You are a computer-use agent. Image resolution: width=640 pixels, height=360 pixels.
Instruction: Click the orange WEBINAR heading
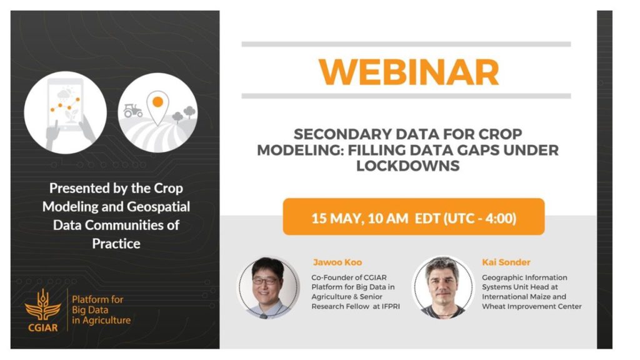click(x=409, y=72)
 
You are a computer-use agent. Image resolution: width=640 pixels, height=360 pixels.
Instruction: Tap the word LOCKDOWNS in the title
click(x=407, y=166)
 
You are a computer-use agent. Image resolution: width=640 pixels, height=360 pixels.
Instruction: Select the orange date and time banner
click(x=414, y=217)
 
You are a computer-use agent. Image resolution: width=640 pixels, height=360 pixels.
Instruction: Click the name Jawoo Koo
click(x=337, y=262)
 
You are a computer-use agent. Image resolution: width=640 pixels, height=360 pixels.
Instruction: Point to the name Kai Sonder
click(x=506, y=262)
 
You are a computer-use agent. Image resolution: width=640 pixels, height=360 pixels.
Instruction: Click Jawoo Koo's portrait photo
click(x=268, y=287)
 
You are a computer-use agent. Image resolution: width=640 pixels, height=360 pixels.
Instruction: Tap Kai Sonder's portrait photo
click(x=443, y=287)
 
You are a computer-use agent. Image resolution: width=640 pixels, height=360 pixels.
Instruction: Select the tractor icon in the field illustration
click(x=132, y=110)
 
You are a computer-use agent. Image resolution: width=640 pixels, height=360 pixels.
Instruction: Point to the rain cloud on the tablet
click(x=64, y=95)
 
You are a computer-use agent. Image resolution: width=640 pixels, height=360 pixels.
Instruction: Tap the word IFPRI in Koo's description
click(x=391, y=306)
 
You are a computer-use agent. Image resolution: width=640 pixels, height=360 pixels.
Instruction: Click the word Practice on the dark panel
click(x=116, y=244)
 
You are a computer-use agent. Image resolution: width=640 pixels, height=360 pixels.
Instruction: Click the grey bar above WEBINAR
click(x=406, y=44)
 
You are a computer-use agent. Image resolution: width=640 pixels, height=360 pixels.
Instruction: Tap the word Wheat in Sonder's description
click(x=493, y=306)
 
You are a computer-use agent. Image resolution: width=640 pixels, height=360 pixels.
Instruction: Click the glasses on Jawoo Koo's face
click(x=265, y=281)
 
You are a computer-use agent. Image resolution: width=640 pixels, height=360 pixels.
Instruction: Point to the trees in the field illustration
click(x=184, y=114)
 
